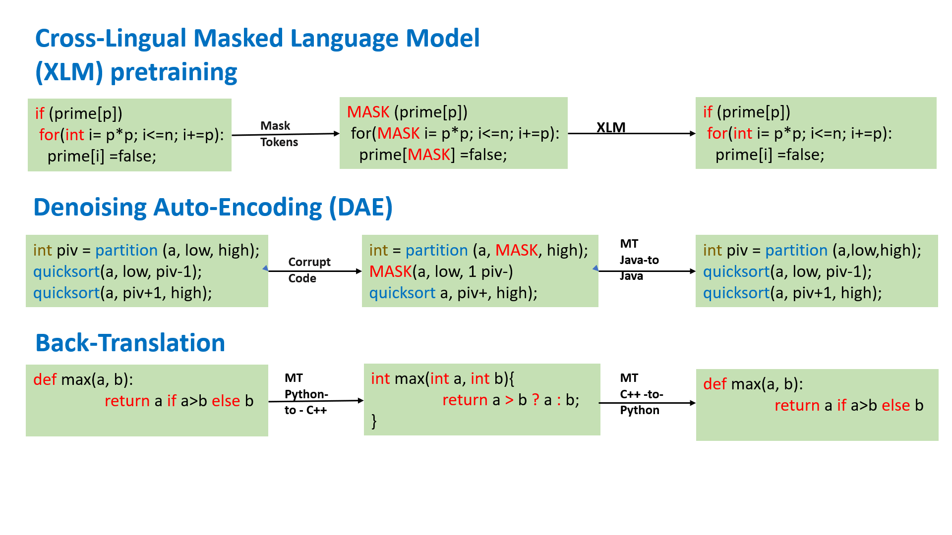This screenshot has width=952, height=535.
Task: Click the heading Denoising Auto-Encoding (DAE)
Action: click(x=213, y=207)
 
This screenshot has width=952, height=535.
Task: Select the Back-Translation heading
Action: click(x=130, y=343)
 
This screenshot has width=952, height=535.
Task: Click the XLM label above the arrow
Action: click(x=610, y=127)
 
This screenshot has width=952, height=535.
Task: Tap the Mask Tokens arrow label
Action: click(x=279, y=134)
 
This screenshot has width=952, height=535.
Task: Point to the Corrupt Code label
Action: click(x=309, y=270)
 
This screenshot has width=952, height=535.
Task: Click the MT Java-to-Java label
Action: click(x=639, y=260)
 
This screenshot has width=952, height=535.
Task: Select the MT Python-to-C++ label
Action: click(x=305, y=394)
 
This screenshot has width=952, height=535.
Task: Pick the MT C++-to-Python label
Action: click(x=641, y=394)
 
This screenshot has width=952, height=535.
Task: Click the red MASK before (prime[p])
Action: click(x=368, y=112)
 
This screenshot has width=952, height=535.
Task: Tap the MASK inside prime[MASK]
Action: click(x=428, y=155)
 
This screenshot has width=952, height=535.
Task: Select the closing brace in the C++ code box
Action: click(x=374, y=421)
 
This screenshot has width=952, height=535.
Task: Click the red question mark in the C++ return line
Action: click(x=535, y=400)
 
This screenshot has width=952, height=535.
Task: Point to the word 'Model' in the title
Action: click(x=442, y=38)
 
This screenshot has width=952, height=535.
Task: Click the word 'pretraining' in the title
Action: click(x=174, y=72)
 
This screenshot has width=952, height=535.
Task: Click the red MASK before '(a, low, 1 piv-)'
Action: click(x=390, y=271)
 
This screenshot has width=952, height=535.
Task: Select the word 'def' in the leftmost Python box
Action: click(x=45, y=379)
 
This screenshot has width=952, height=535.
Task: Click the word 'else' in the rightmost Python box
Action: click(x=895, y=405)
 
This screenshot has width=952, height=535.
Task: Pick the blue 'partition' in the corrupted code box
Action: click(x=436, y=250)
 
